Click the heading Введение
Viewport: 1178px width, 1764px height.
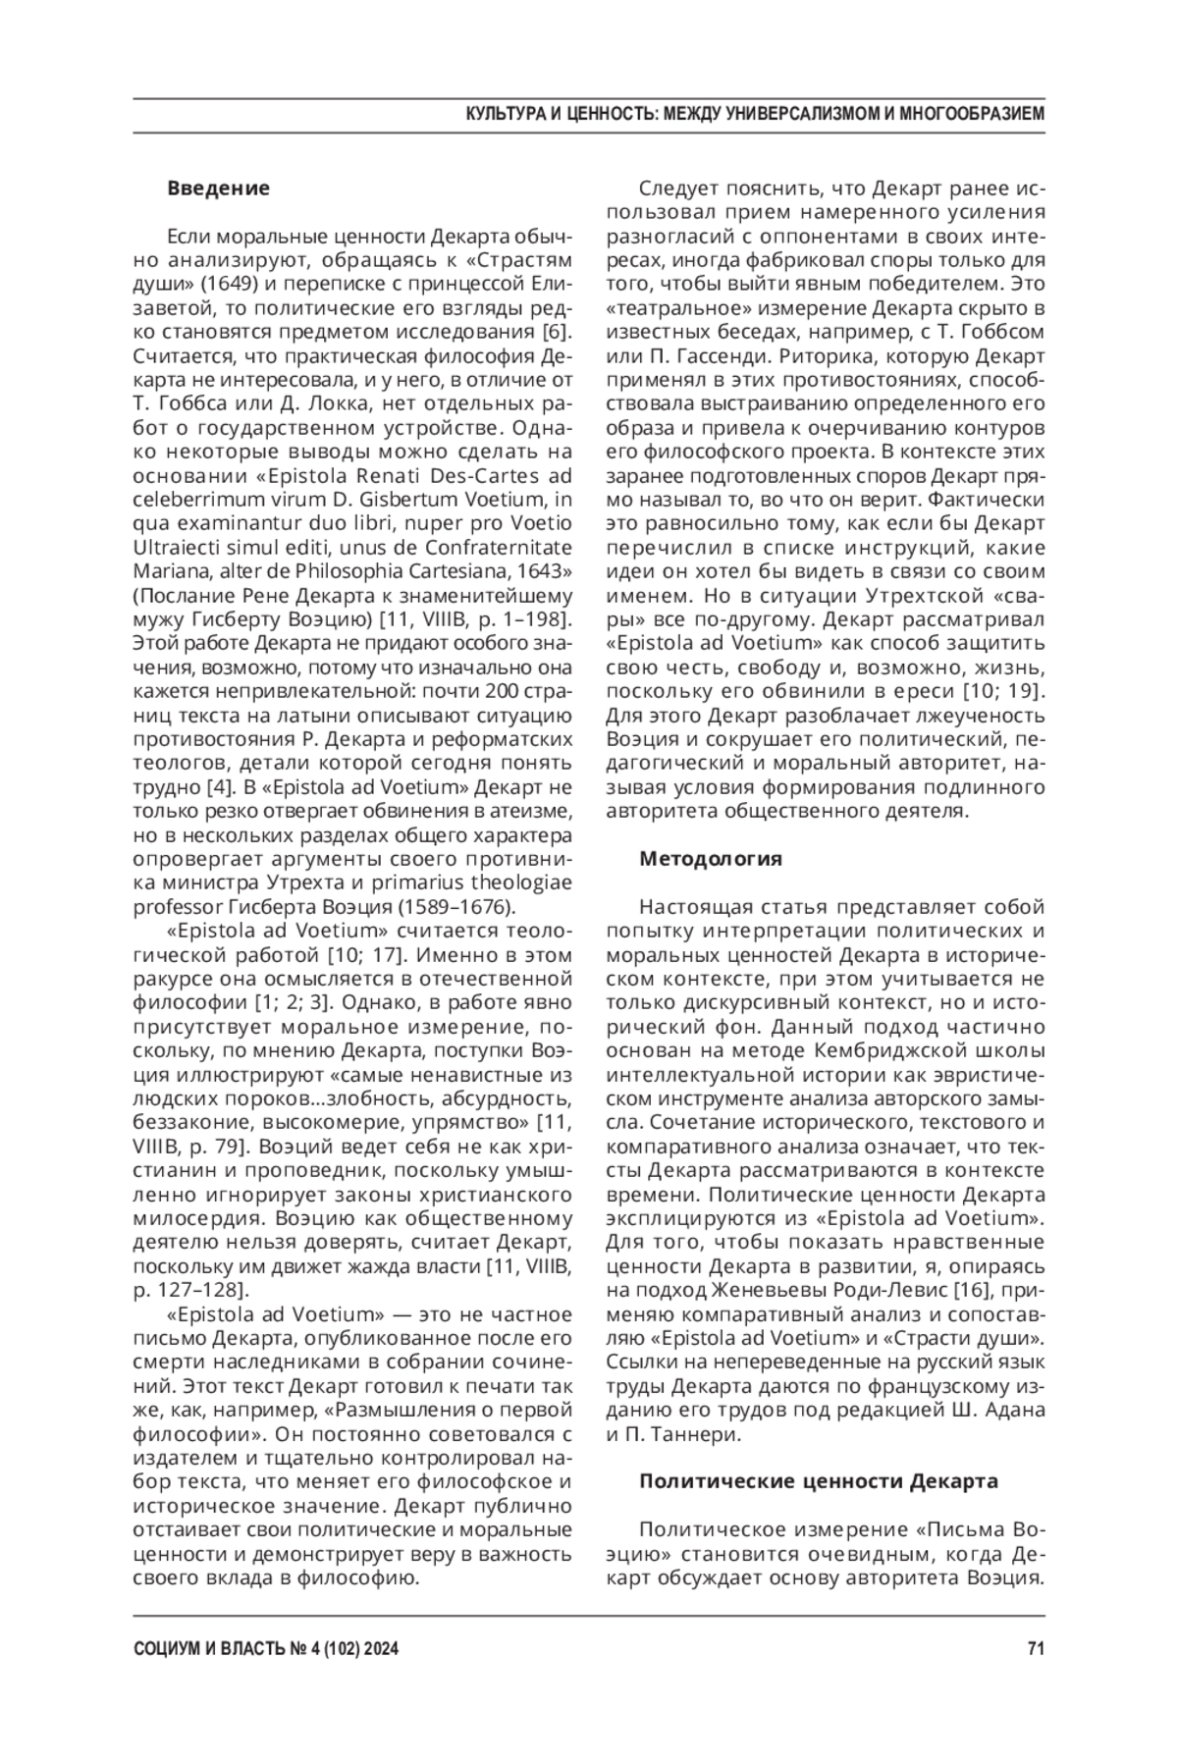pyautogui.click(x=218, y=187)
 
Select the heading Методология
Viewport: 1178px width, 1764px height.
pyautogui.click(x=711, y=859)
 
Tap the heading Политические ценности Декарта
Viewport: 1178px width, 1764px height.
pyautogui.click(x=819, y=1480)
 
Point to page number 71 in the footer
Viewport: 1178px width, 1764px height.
pyautogui.click(x=1035, y=1650)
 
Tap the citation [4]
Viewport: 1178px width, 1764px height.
pyautogui.click(x=218, y=786)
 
